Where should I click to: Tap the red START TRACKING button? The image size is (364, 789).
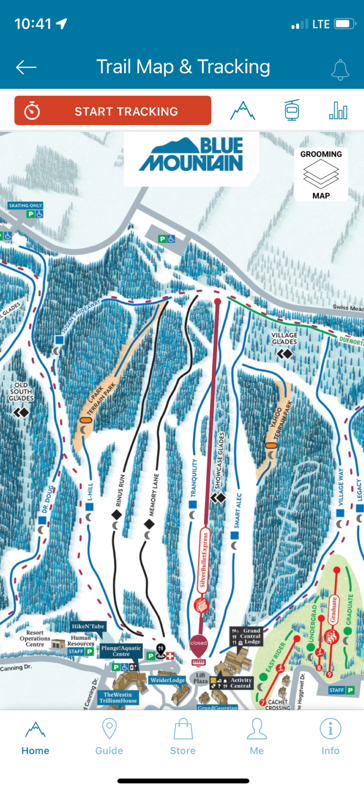tap(112, 111)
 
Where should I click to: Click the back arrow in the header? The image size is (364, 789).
tap(26, 67)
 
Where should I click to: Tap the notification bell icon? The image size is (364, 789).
tap(340, 69)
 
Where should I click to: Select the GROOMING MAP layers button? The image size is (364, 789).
tap(321, 174)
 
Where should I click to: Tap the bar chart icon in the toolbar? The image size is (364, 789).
tap(338, 110)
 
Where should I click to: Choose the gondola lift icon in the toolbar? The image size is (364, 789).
tap(292, 110)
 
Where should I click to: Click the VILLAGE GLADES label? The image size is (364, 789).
tap(285, 338)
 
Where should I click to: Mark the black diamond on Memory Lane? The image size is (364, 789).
tap(149, 524)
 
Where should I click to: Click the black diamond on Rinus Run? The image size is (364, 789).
tap(117, 514)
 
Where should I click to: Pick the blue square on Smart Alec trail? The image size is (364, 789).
tap(235, 535)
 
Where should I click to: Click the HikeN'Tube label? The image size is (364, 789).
tap(88, 626)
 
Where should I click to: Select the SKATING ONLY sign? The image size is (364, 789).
tap(25, 205)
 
